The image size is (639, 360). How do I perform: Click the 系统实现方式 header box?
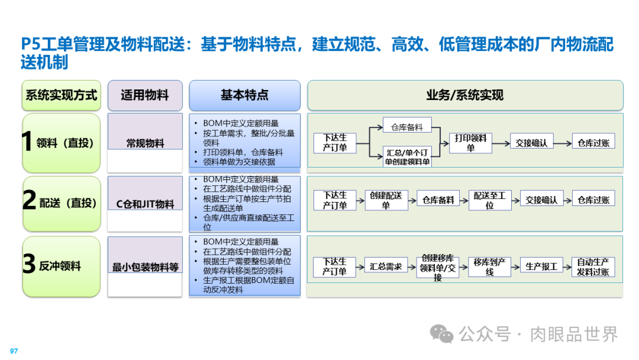pos(61,95)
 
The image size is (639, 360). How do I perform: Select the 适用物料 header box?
pos(145,95)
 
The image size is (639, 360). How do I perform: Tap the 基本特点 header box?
pos(244,95)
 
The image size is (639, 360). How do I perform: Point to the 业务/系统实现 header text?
pos(464,95)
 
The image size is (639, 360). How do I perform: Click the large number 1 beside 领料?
pos(27,143)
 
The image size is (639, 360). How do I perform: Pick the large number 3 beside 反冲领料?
pos(29,265)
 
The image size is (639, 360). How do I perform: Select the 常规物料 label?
pos(145,143)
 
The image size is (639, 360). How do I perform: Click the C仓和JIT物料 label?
pos(145,204)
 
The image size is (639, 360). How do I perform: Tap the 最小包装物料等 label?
pos(145,267)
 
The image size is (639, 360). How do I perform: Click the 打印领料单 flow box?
pos(471,142)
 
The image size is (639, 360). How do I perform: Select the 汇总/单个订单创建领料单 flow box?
pos(408,156)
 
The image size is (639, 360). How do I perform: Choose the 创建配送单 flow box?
pos(386,200)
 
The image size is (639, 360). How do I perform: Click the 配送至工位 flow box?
pos(489,200)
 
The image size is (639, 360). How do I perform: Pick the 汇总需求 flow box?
pos(386,266)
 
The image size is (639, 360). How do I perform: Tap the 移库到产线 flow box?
pos(489,266)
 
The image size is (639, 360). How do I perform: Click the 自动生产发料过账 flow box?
pos(593,266)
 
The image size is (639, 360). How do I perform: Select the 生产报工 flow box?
pos(541,266)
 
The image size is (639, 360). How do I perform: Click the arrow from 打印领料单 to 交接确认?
pos(501,142)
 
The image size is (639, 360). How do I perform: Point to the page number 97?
pos(14,351)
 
